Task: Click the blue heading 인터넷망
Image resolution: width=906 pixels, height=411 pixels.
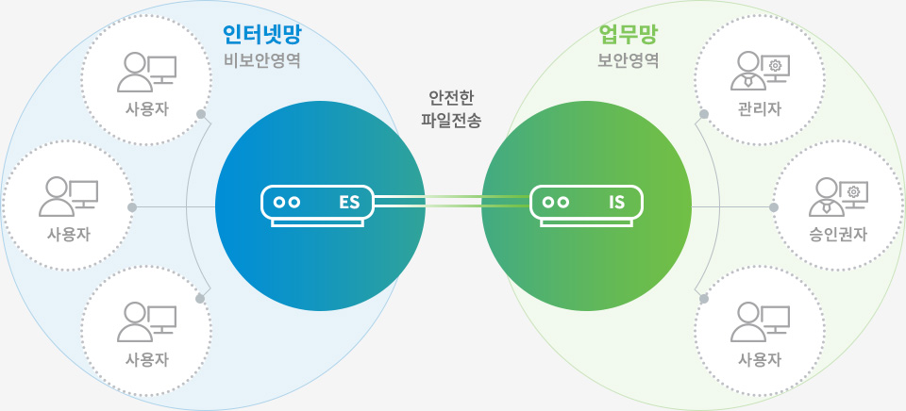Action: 260,36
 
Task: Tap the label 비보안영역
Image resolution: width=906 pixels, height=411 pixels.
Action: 260,62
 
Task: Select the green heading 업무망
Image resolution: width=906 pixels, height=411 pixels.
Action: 629,36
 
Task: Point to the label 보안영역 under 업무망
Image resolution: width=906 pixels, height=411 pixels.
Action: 629,62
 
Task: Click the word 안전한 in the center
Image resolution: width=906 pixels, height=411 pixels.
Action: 451,98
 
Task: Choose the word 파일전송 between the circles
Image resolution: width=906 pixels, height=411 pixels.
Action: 451,122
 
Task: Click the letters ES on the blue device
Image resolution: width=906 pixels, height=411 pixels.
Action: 349,202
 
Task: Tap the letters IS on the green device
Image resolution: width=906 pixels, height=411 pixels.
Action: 617,202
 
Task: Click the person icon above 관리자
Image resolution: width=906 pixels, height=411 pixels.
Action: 747,71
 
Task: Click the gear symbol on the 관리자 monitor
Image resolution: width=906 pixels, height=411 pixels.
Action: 774,65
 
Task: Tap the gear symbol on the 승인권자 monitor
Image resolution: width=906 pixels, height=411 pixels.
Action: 853,191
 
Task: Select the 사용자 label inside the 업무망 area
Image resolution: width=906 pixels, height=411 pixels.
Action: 760,359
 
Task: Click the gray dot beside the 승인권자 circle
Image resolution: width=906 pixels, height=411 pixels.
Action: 774,207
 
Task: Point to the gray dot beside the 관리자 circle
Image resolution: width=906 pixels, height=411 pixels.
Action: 704,115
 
